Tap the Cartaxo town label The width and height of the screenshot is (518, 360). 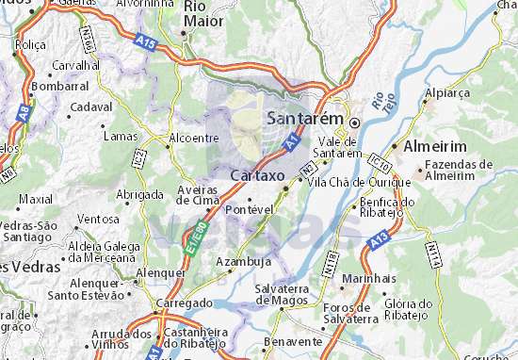255,174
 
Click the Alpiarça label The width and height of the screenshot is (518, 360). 445,94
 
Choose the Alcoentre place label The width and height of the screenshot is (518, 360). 192,138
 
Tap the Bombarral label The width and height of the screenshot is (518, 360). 59,86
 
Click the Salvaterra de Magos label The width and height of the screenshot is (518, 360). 283,294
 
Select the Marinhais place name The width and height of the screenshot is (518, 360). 369,278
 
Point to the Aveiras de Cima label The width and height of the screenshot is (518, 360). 198,194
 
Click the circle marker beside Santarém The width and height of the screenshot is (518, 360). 355,123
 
